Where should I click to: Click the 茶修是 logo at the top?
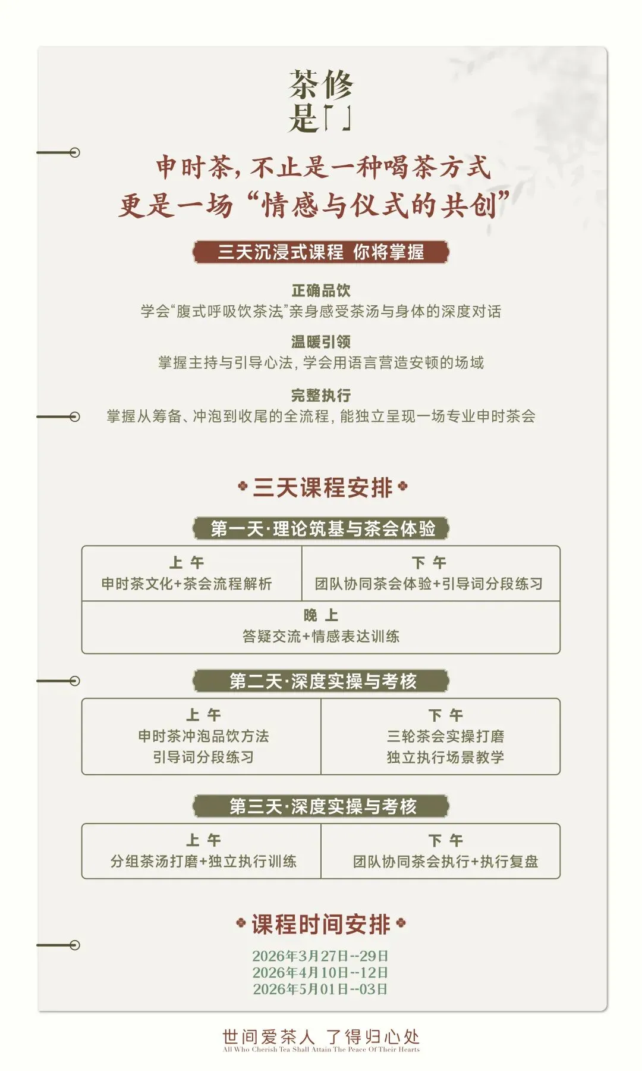[320, 101]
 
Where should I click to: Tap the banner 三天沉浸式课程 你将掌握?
[320, 252]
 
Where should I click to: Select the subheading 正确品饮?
[320, 290]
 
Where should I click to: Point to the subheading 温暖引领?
[320, 342]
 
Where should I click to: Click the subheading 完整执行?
[320, 395]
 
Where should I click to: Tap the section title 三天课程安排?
[322, 488]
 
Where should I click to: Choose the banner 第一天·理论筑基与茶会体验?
[322, 528]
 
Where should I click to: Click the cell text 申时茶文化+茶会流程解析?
[187, 584]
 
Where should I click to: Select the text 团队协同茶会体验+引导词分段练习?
[429, 584]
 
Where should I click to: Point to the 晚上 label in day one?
[320, 615]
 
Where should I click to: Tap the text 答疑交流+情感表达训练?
[320, 636]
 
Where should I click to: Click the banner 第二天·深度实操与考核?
[322, 681]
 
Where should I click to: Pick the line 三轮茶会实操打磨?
[445, 736]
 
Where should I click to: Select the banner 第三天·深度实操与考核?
[322, 806]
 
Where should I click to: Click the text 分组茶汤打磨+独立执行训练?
[203, 861]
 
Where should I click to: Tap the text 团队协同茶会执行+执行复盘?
[445, 861]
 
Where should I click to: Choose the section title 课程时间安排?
[321, 924]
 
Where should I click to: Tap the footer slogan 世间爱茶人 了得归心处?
[321, 1037]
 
